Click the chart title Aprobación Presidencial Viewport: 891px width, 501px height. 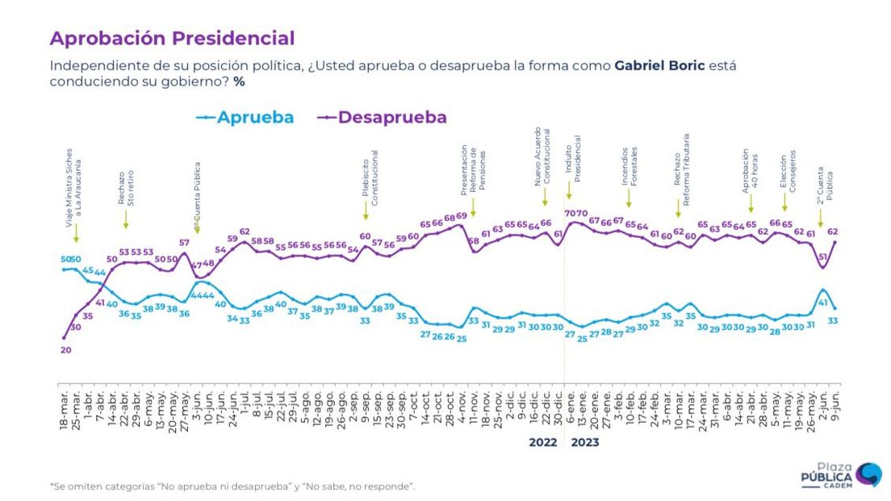click(x=171, y=38)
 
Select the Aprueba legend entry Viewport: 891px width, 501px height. click(x=245, y=118)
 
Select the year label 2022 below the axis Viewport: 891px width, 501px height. click(x=543, y=442)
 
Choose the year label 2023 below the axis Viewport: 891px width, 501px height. click(x=585, y=442)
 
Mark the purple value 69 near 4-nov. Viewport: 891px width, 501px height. click(x=462, y=216)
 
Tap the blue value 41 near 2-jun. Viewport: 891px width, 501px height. click(x=822, y=303)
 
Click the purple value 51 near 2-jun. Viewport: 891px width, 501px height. click(x=822, y=257)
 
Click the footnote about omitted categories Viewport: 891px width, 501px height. click(x=232, y=486)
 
